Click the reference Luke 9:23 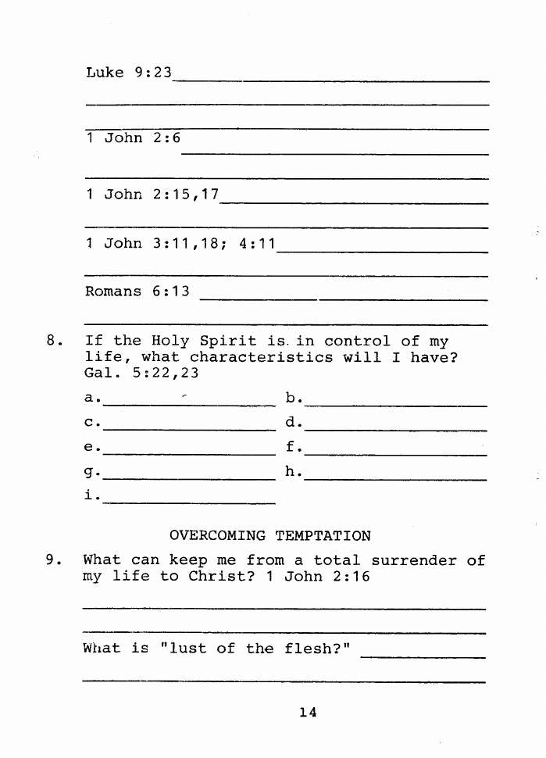(x=128, y=73)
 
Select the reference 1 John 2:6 (x=133, y=138)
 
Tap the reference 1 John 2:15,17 (x=152, y=194)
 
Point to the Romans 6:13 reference (x=137, y=291)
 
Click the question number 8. (x=53, y=341)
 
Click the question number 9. (x=53, y=560)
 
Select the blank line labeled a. (x=189, y=405)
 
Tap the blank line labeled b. (x=396, y=405)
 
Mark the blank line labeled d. (x=396, y=429)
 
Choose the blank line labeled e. (x=189, y=453)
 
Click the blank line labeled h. (x=396, y=477)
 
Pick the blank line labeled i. (x=189, y=502)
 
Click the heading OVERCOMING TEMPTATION (x=270, y=536)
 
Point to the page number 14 (x=307, y=712)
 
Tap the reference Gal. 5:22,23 (x=141, y=374)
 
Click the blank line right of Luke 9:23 (x=332, y=80)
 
